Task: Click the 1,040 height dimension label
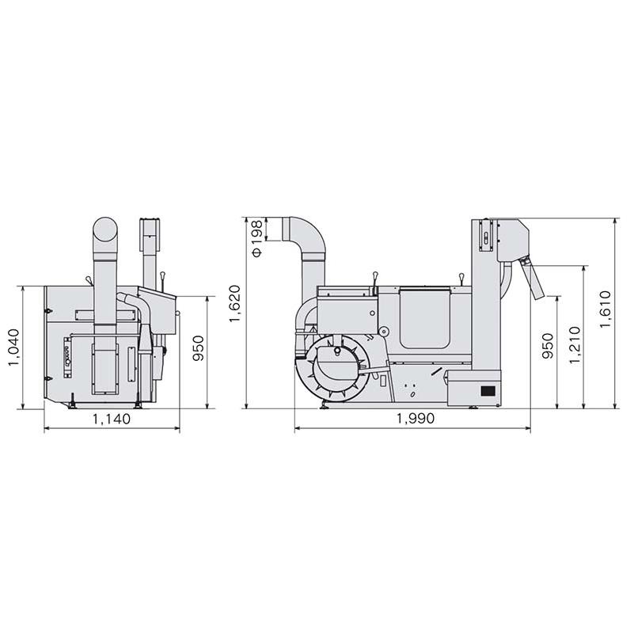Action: click(x=15, y=349)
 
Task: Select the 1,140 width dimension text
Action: click(x=111, y=420)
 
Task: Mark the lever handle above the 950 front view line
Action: click(x=161, y=279)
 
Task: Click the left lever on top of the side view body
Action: click(x=373, y=279)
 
